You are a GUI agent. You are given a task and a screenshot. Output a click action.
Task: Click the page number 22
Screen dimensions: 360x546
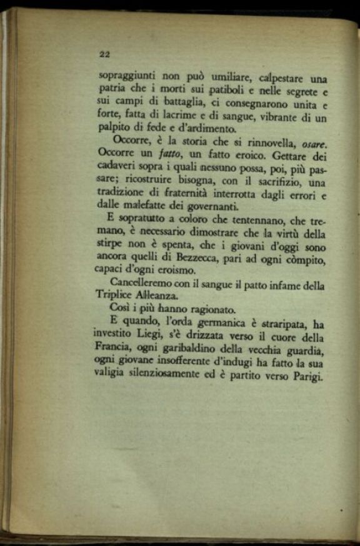pyautogui.click(x=104, y=54)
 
